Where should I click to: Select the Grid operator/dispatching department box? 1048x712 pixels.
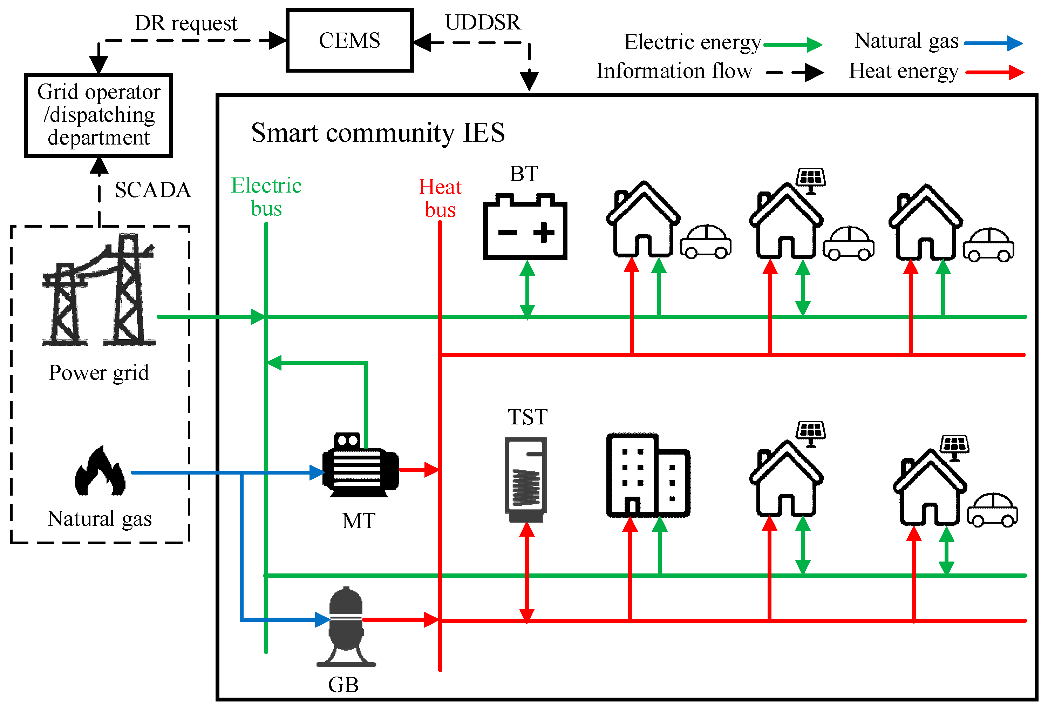point(99,115)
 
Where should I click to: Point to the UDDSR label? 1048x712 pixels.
point(483,22)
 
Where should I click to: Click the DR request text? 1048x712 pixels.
point(185,23)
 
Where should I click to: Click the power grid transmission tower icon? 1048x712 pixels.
point(99,291)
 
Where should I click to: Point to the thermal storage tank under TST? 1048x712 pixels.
point(526,478)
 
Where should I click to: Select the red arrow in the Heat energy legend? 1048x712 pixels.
point(995,73)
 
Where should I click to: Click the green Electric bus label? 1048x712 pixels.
point(266,197)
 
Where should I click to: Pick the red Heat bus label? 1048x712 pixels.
point(440,198)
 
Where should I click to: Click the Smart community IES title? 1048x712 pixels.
point(377,133)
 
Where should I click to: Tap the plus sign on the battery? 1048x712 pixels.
point(544,233)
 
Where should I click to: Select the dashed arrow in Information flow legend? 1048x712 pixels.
point(795,72)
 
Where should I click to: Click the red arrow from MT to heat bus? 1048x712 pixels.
point(418,470)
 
